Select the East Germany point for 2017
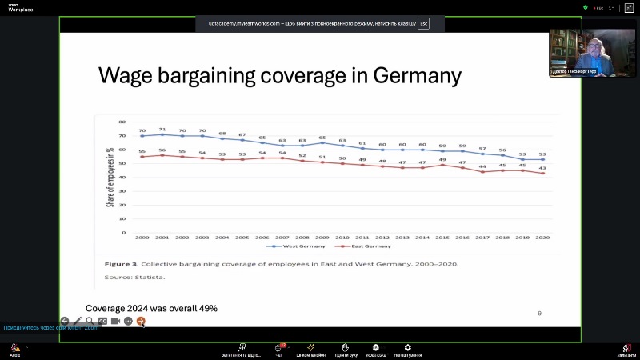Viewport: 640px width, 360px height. pos(482,172)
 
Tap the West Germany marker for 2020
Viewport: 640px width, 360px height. pos(543,159)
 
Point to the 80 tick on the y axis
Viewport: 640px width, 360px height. pos(122,122)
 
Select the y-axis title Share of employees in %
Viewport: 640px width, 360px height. pos(110,177)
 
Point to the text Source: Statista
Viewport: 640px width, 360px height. pos(134,278)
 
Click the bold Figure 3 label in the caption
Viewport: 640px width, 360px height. pos(122,263)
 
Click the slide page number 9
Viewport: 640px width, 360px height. pos(539,314)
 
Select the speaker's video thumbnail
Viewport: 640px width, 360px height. pos(591,54)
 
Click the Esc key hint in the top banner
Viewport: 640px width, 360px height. pos(423,24)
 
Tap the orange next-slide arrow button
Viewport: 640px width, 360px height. pos(141,321)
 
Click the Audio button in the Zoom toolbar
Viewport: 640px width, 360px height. pos(15,350)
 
